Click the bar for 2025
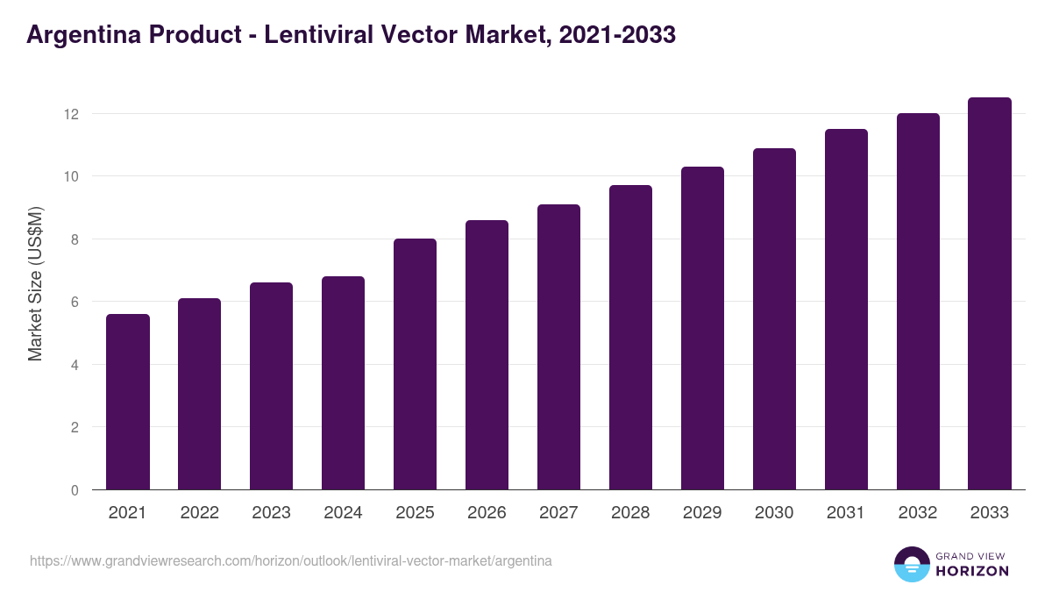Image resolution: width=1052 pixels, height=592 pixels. pyautogui.click(x=415, y=364)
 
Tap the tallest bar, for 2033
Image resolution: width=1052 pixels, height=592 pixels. pyautogui.click(x=990, y=294)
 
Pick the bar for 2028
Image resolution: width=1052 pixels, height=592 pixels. pyautogui.click(x=630, y=338)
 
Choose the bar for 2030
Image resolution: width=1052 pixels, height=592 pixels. pyautogui.click(x=774, y=319)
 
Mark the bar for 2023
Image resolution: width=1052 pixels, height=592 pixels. pyautogui.click(x=271, y=386)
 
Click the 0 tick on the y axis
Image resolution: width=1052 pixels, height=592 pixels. pyautogui.click(x=75, y=490)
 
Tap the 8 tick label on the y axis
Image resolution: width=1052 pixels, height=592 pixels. pyautogui.click(x=75, y=239)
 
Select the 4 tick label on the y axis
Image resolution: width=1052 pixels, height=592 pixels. pyautogui.click(x=75, y=365)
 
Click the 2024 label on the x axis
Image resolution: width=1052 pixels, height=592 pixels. pyautogui.click(x=343, y=513)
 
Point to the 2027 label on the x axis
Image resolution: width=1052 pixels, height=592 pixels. pyautogui.click(x=558, y=513)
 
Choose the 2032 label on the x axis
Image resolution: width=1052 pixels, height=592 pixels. pyautogui.click(x=918, y=513)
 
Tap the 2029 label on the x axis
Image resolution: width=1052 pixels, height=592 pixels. pyautogui.click(x=702, y=513)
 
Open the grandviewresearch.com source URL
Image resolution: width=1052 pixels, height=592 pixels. pyautogui.click(x=291, y=560)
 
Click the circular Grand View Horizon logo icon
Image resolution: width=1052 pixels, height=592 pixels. pyautogui.click(x=912, y=564)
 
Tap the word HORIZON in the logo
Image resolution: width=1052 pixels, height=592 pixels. pyautogui.click(x=973, y=571)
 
